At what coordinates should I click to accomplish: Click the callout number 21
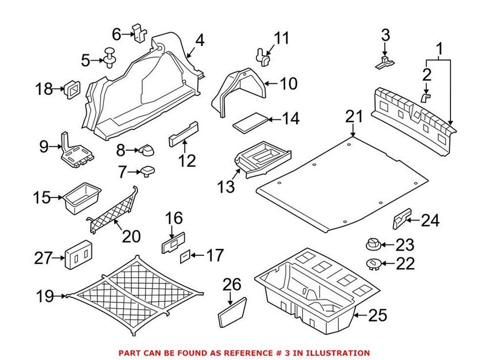pyautogui.click(x=354, y=117)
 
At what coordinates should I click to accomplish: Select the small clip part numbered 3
pyautogui.click(x=385, y=62)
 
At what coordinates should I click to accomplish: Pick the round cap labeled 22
pyautogui.click(x=372, y=263)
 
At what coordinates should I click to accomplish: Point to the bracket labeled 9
pyautogui.click(x=74, y=151)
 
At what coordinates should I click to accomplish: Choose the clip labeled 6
pyautogui.click(x=139, y=32)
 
